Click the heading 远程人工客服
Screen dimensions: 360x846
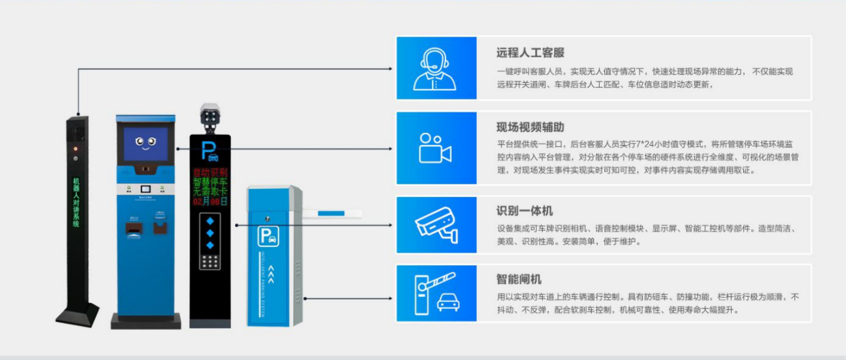[530, 53]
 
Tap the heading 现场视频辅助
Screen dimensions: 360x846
[530, 128]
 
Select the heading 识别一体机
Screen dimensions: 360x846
[524, 212]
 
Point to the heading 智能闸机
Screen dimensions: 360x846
[519, 280]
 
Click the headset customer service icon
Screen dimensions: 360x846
[436, 68]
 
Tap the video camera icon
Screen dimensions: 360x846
[435, 148]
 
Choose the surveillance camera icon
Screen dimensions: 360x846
[436, 224]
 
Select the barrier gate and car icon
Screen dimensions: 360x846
[436, 293]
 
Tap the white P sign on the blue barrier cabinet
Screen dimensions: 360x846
[269, 235]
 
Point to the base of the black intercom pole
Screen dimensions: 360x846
[77, 315]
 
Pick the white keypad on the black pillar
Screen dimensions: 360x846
[210, 263]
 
